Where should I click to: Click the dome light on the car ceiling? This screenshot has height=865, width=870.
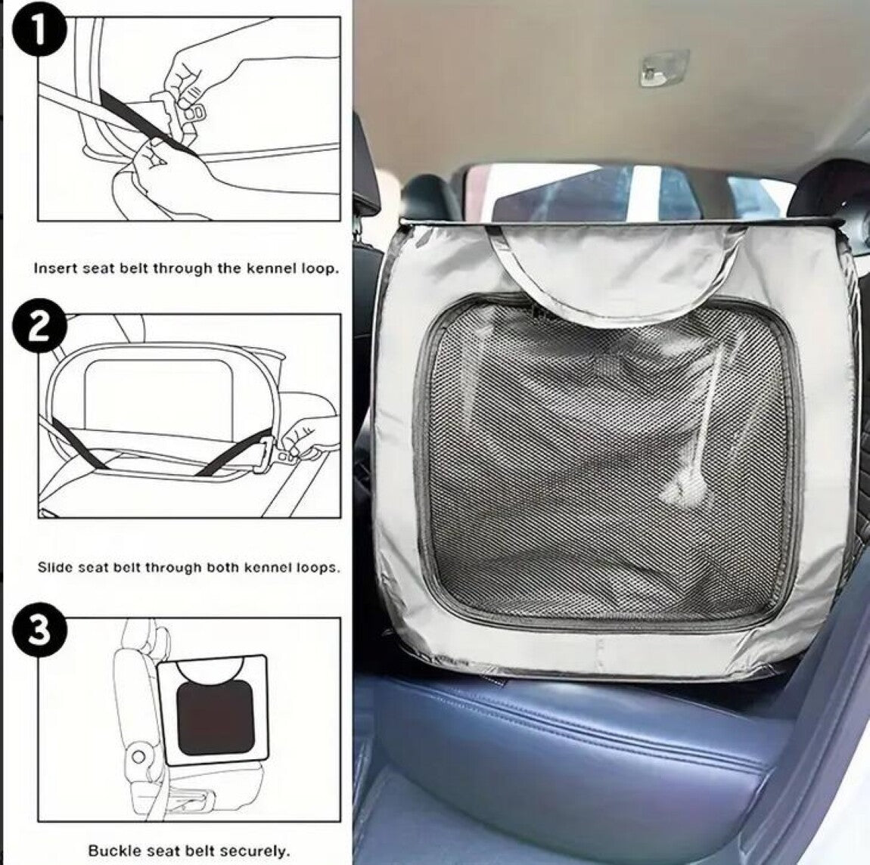(664, 68)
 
